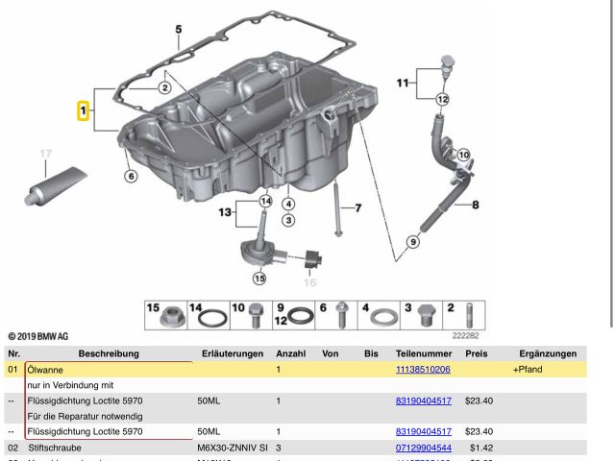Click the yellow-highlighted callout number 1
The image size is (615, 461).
pyautogui.click(x=85, y=112)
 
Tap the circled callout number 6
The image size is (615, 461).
pyautogui.click(x=131, y=175)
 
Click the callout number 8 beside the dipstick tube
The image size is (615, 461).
pyautogui.click(x=476, y=204)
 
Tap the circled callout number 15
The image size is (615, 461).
pyautogui.click(x=258, y=279)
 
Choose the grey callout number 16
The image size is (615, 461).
pyautogui.click(x=309, y=282)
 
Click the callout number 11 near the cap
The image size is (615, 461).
pyautogui.click(x=403, y=84)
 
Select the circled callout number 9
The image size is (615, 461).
pyautogui.click(x=413, y=242)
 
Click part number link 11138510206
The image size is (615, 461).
pyautogui.click(x=423, y=369)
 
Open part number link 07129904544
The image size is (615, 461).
pyautogui.click(x=423, y=447)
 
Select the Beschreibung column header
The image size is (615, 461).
pyautogui.click(x=109, y=353)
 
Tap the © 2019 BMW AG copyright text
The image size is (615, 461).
pyautogui.click(x=38, y=336)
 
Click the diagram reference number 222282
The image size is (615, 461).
pyautogui.click(x=465, y=336)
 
